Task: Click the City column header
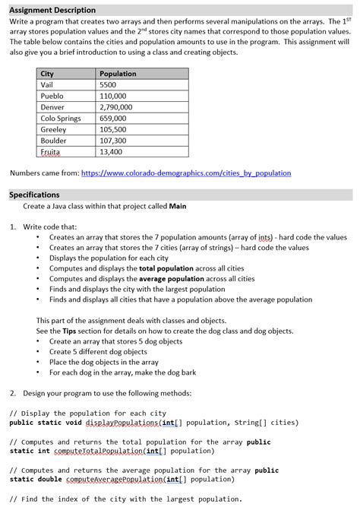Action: click(x=47, y=74)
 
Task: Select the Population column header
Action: click(x=118, y=74)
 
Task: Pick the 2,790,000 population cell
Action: click(x=116, y=107)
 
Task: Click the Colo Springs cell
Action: click(x=61, y=119)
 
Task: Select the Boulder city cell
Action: click(x=53, y=141)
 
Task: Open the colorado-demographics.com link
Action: click(x=185, y=173)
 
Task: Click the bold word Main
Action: click(x=177, y=206)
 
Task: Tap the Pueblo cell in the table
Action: click(x=52, y=97)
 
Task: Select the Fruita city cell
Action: click(x=49, y=152)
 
